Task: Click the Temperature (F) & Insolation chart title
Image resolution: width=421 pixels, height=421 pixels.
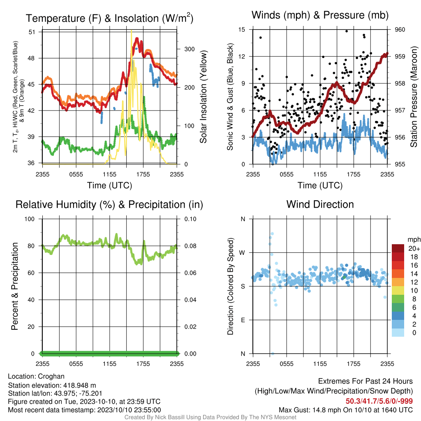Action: [109, 18]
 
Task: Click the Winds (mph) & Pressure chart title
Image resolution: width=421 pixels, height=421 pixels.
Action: [320, 15]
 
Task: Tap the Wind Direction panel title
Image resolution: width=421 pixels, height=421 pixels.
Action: [320, 204]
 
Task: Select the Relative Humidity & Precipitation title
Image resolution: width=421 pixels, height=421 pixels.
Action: [109, 205]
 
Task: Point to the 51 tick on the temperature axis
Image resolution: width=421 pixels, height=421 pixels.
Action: [32, 32]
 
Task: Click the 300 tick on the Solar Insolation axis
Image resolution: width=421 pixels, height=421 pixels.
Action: [189, 49]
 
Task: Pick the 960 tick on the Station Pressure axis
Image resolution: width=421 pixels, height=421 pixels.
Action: [400, 30]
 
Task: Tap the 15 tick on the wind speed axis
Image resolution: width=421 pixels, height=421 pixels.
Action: [242, 30]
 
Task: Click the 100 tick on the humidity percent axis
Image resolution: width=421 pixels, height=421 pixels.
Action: [30, 219]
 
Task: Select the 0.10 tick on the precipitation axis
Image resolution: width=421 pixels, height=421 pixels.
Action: [190, 219]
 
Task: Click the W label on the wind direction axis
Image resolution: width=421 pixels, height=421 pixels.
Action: [242, 253]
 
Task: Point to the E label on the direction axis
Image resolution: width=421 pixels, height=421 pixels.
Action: [243, 320]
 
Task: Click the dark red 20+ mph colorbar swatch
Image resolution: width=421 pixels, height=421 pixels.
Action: [398, 248]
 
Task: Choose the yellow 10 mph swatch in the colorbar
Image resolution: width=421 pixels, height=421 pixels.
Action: [398, 291]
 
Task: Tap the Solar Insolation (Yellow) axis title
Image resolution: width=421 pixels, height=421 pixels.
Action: [204, 97]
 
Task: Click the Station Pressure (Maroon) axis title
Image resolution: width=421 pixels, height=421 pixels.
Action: [414, 97]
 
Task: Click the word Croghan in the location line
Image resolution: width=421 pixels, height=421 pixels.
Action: [51, 377]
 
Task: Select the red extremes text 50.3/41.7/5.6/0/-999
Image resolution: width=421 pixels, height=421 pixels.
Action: [379, 401]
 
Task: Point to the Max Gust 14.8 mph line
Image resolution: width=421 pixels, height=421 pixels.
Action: [345, 410]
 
